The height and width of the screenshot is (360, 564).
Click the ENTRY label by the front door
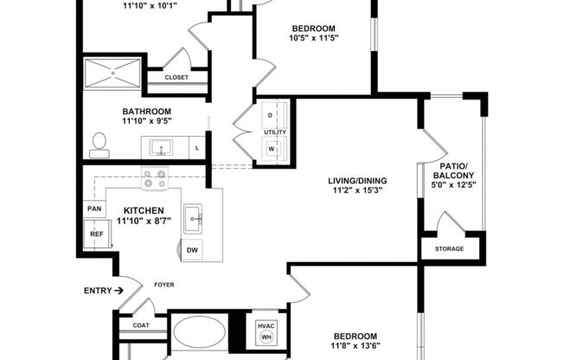point(98,291)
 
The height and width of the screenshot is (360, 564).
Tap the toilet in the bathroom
point(99,145)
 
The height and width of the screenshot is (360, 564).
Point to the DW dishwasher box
point(192,250)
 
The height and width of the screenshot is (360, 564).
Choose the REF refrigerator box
point(96,235)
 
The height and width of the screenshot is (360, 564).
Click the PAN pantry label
point(94,209)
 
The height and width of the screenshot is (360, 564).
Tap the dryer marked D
point(270,115)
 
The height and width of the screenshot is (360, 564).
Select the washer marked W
point(270,148)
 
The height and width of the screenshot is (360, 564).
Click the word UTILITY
point(275,132)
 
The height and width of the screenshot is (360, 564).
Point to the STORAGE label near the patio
point(448,249)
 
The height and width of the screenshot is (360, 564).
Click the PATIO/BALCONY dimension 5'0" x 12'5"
point(453,187)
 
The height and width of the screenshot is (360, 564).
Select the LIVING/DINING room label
point(356,181)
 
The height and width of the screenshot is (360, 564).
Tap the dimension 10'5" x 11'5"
point(313,37)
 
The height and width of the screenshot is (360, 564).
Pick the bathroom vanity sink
point(162,146)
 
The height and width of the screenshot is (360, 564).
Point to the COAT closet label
point(141,326)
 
